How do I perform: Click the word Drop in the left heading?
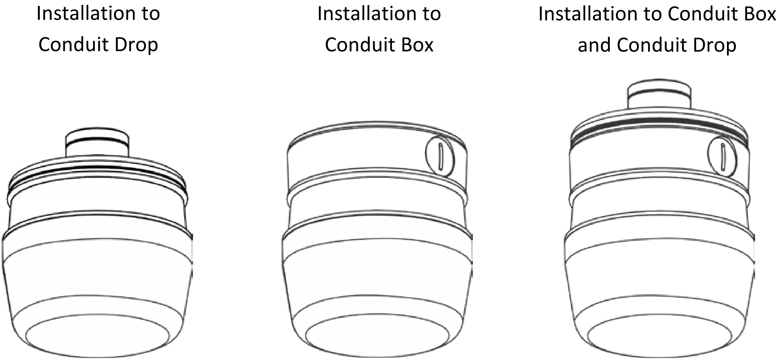[136, 45]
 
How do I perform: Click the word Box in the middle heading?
[417, 45]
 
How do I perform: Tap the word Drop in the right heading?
[714, 45]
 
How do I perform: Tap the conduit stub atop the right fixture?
[659, 94]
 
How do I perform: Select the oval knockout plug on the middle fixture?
[440, 156]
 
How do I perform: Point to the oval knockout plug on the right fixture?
[722, 156]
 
